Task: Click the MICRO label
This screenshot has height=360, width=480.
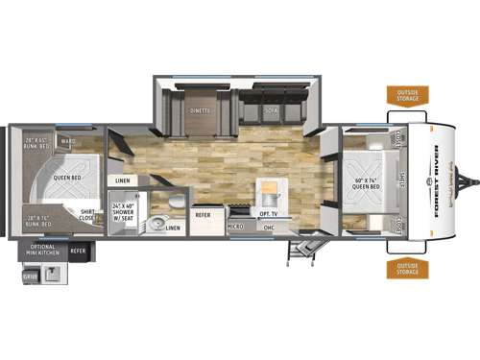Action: [235, 228]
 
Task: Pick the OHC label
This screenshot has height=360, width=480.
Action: [270, 228]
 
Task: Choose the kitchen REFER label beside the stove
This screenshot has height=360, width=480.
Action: [204, 215]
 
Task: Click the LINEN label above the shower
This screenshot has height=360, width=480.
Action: [123, 180]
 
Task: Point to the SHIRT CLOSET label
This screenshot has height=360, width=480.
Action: [86, 217]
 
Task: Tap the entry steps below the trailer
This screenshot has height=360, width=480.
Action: [303, 252]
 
